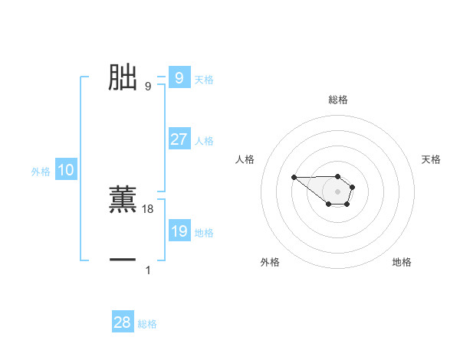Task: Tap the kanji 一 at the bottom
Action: click(123, 260)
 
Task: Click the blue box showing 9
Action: click(179, 78)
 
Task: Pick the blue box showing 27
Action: click(179, 139)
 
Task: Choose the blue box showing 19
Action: click(179, 231)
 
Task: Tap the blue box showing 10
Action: click(66, 171)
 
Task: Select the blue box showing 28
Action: click(123, 322)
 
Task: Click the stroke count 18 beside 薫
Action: click(148, 209)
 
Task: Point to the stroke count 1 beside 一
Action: click(148, 270)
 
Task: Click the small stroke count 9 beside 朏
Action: click(148, 87)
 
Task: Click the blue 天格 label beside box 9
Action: click(204, 79)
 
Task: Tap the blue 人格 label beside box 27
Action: click(204, 141)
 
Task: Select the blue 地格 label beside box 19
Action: click(204, 233)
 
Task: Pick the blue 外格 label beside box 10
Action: click(41, 172)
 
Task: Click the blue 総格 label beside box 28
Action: click(147, 325)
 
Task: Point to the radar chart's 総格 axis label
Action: click(337, 100)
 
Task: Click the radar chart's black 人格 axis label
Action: click(245, 159)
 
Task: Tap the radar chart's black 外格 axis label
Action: click(270, 262)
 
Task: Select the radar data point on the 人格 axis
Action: click(294, 178)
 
